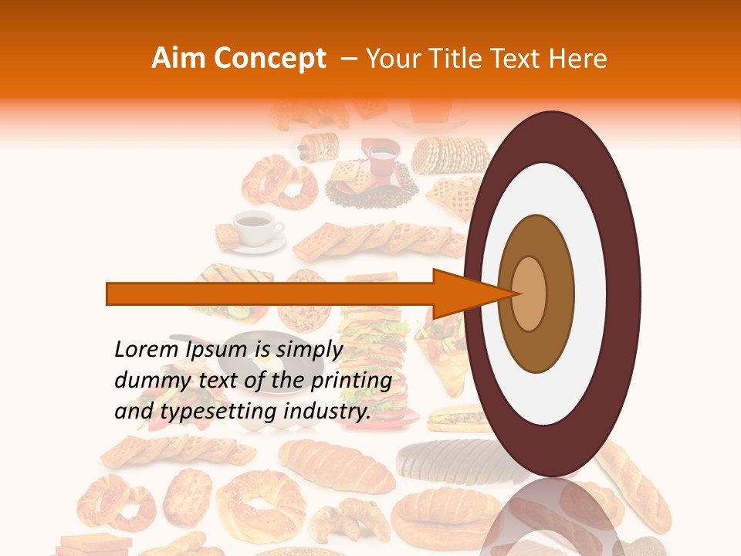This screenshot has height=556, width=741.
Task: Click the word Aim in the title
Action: coord(178,59)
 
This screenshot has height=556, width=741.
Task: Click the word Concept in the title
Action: coord(269,59)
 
